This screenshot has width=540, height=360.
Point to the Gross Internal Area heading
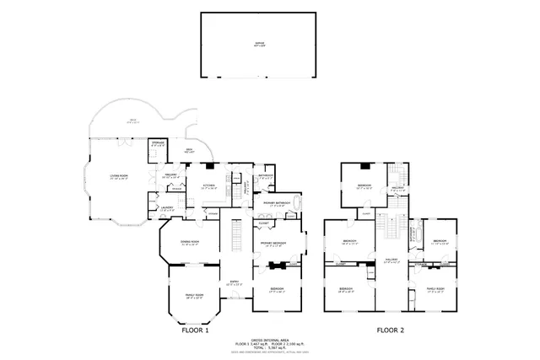point(272,340)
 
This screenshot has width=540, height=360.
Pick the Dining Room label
point(189,242)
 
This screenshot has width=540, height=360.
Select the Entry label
point(236,282)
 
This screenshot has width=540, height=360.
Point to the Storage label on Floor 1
point(157,144)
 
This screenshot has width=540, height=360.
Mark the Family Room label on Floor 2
point(435,289)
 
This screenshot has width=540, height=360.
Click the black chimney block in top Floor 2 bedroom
point(364,167)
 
